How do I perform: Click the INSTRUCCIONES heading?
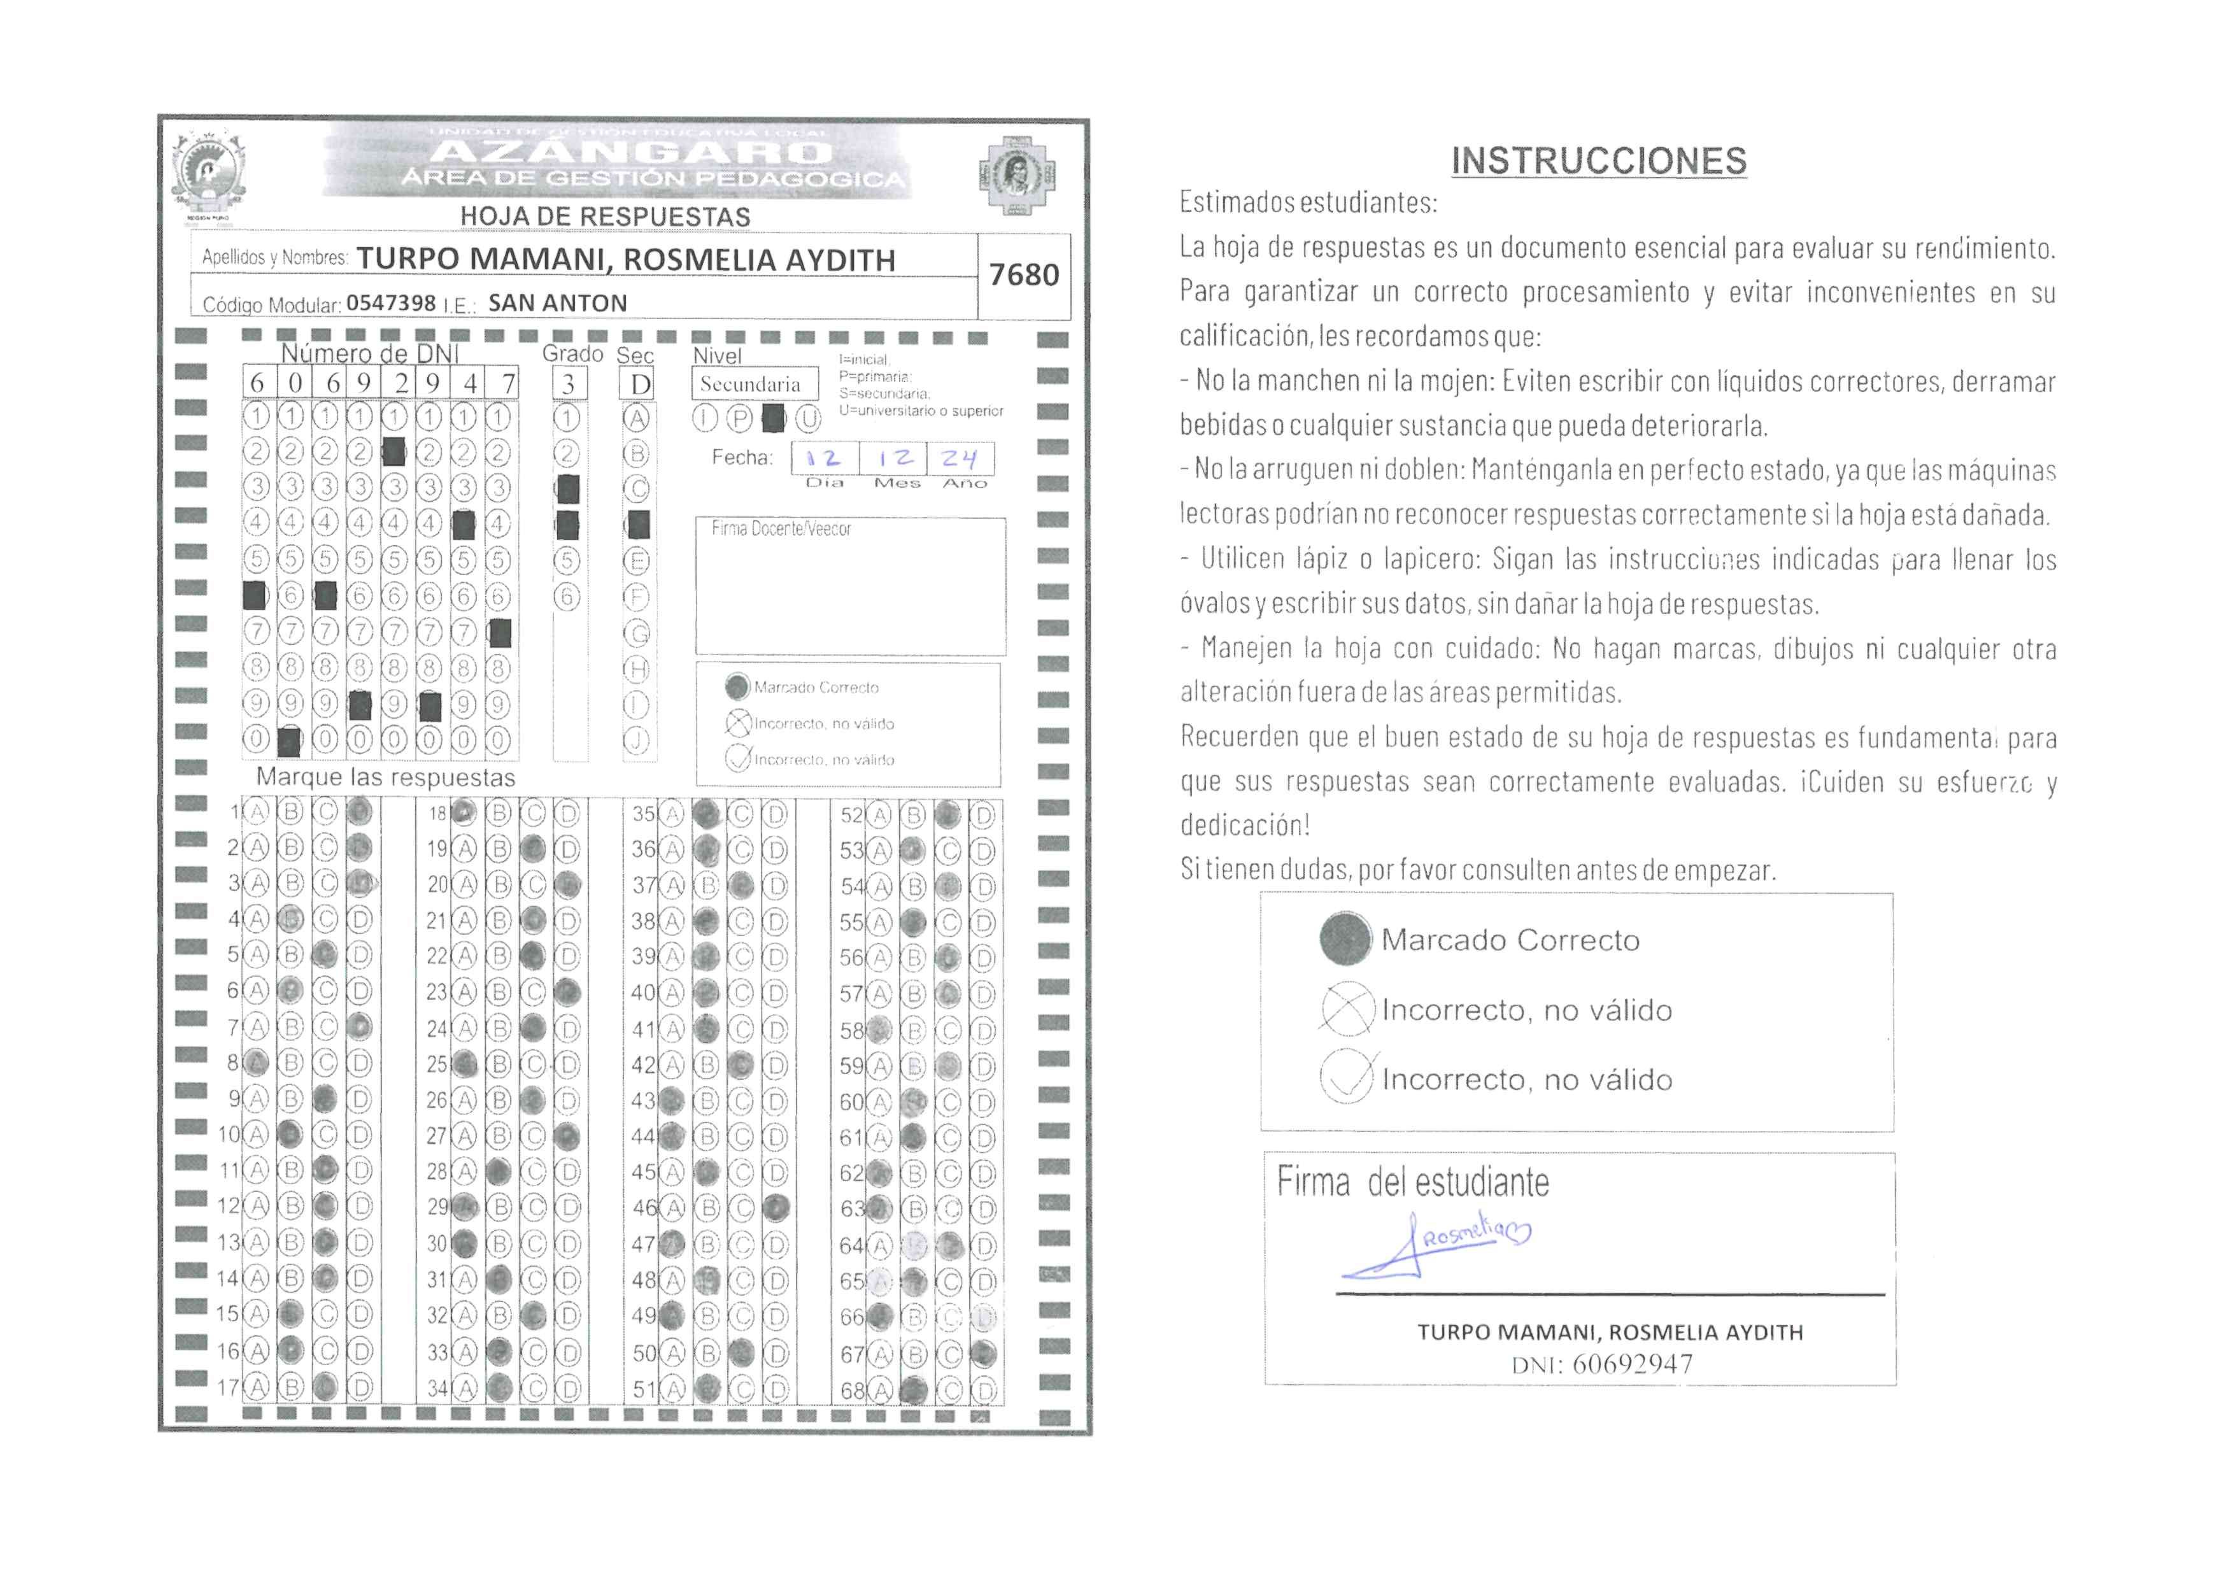coord(1598,161)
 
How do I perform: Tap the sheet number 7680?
coord(1023,275)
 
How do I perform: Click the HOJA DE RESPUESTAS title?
coord(605,216)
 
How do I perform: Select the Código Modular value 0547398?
coord(391,303)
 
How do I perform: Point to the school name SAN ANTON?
coord(557,303)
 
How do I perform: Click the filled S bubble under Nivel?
coord(773,419)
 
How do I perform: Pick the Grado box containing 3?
coord(569,384)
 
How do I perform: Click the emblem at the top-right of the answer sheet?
coord(1016,176)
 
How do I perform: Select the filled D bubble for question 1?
coord(360,812)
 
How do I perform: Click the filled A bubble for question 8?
coord(256,1063)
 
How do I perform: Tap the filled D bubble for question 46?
coord(775,1208)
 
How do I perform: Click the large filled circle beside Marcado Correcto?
coord(1345,939)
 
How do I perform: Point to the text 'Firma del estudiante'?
coord(1412,1183)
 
